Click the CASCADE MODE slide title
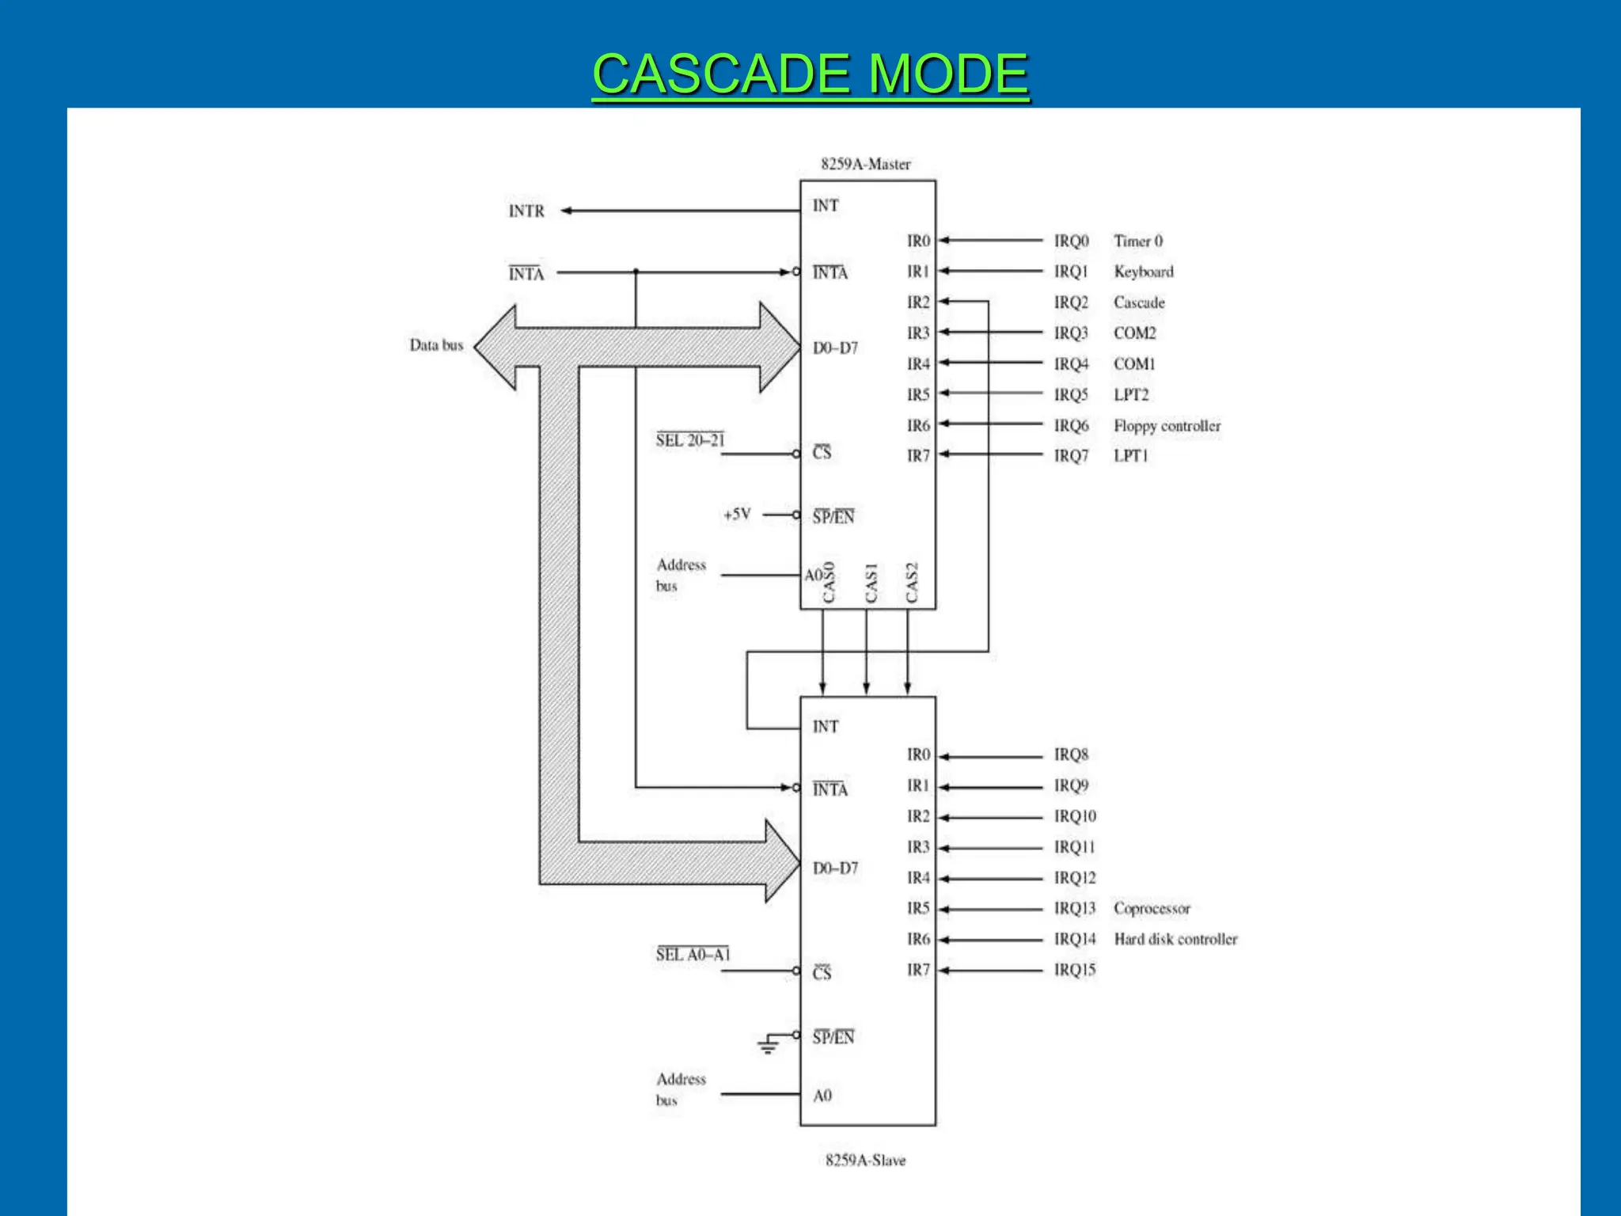tap(810, 74)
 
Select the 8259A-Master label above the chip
tap(865, 164)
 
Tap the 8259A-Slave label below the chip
tap(865, 1160)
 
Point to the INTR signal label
tap(526, 211)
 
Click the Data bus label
tap(436, 345)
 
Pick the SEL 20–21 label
tap(690, 440)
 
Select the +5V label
tap(737, 515)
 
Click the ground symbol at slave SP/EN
tap(768, 1045)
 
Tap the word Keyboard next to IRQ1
tap(1143, 272)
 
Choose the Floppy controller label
tap(1167, 426)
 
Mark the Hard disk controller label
tap(1175, 939)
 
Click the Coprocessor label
tap(1152, 908)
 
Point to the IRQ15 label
tap(1074, 970)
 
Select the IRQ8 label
tap(1071, 754)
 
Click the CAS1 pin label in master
tap(871, 583)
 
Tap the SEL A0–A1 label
tap(693, 955)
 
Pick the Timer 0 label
tap(1138, 241)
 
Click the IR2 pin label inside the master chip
tap(918, 302)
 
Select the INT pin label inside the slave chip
tap(825, 726)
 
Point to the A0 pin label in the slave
tap(822, 1096)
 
